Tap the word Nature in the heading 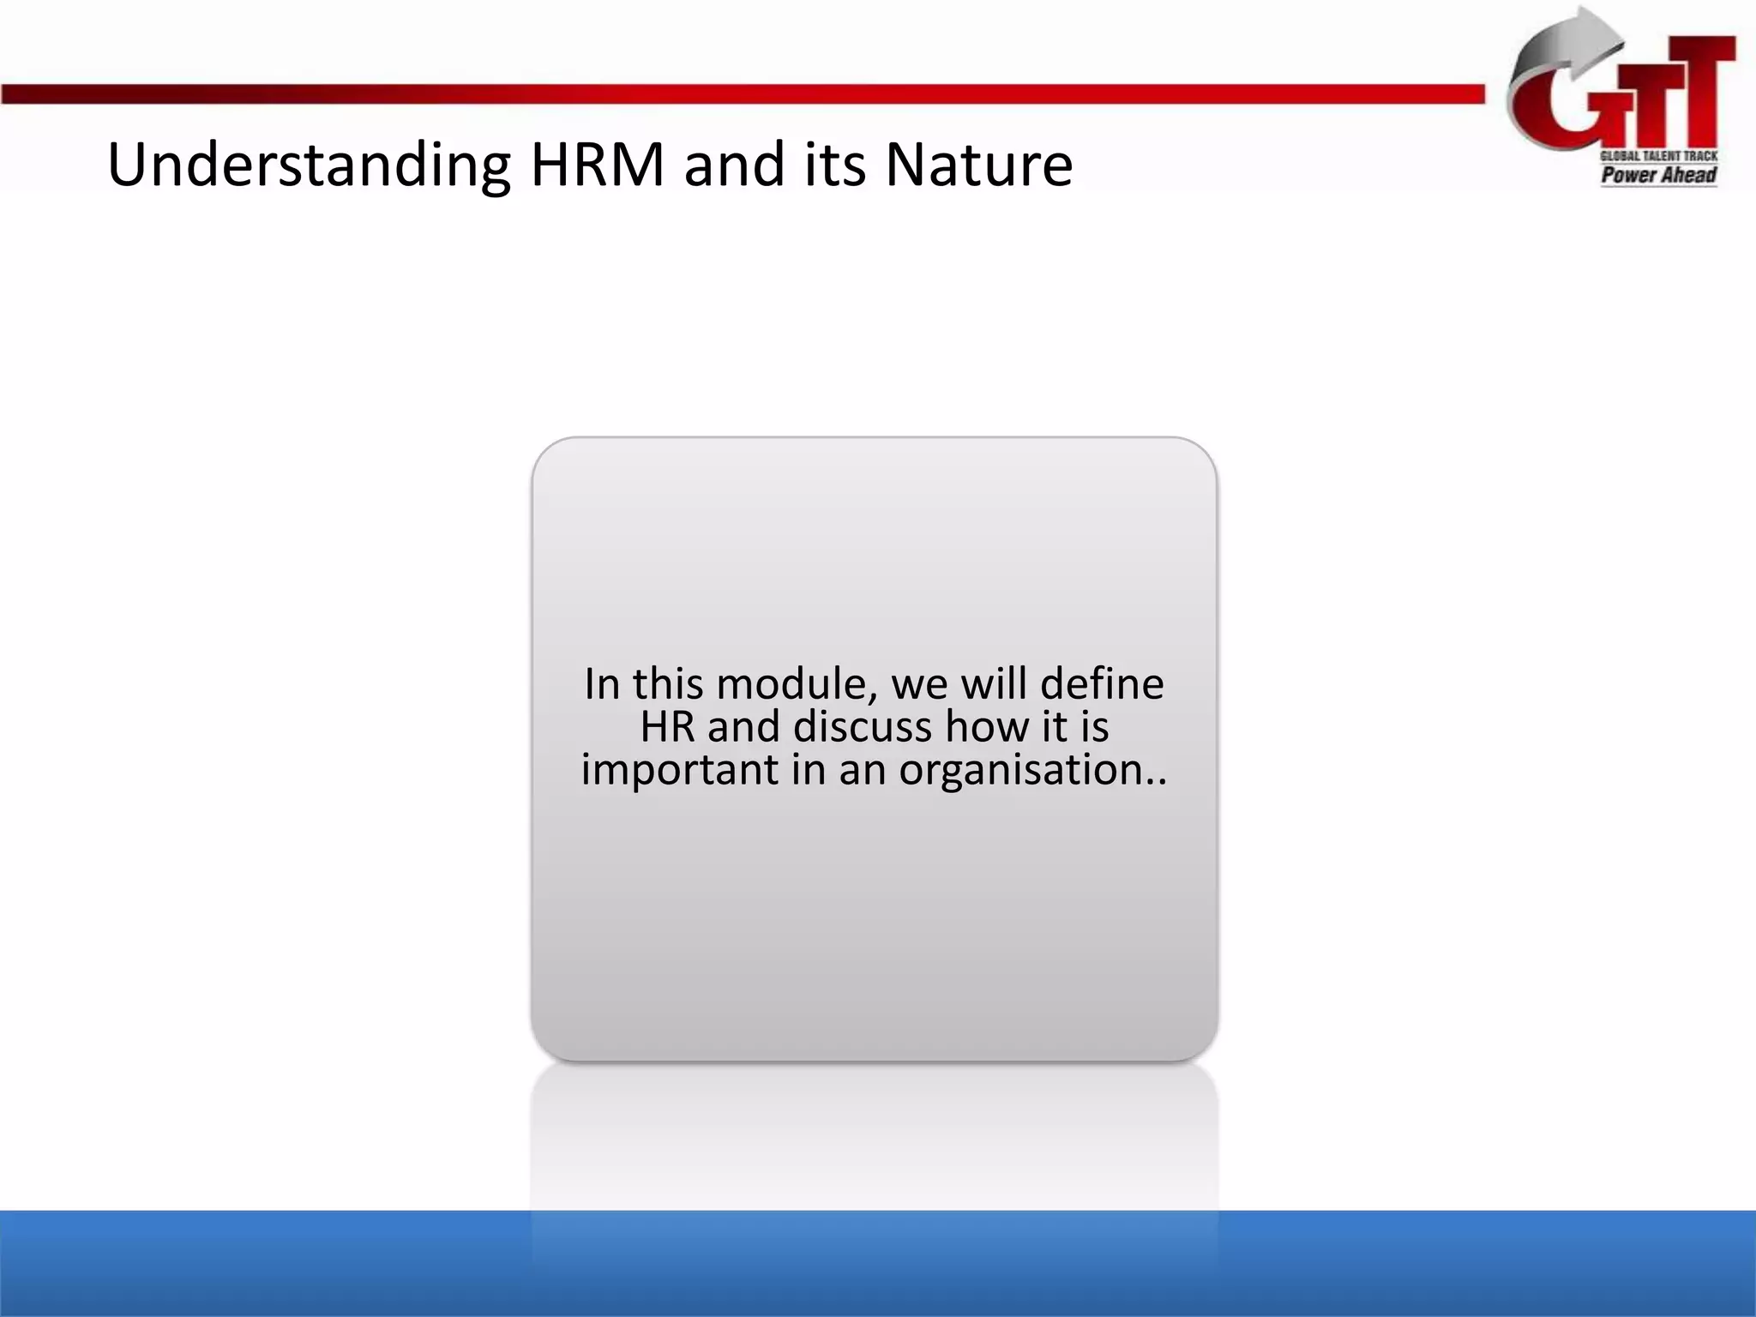click(978, 165)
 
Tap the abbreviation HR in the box click(666, 727)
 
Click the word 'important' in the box click(679, 769)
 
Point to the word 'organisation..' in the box click(1033, 769)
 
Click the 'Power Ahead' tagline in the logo click(1658, 175)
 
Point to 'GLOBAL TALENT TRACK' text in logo click(1658, 156)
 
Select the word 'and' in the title click(734, 165)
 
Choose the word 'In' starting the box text click(602, 685)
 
